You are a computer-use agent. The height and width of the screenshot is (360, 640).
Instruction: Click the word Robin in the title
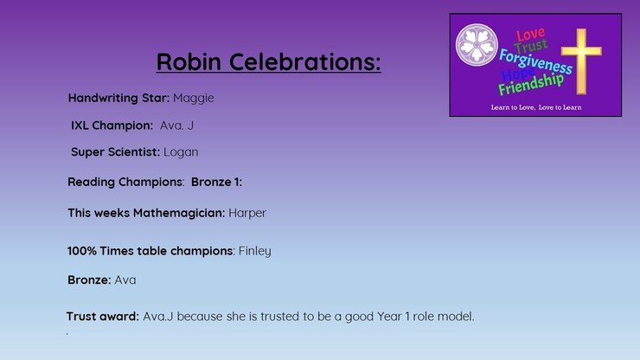tap(189, 61)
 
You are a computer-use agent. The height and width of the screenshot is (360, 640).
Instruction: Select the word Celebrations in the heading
tap(305, 61)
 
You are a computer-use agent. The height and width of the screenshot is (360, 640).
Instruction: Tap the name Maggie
tap(194, 99)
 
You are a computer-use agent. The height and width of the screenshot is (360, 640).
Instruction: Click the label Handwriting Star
tap(118, 99)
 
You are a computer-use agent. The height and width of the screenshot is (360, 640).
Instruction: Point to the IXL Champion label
tap(112, 125)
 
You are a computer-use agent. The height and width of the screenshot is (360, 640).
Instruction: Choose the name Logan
tap(181, 152)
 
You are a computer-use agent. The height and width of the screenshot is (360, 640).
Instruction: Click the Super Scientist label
tap(115, 152)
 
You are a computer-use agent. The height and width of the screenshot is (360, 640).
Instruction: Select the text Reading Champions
tap(125, 183)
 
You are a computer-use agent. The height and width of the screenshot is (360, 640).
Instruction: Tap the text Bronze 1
tap(216, 182)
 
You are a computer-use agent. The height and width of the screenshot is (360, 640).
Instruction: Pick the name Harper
tap(247, 213)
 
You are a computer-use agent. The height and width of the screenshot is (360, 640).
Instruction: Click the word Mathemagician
tap(179, 213)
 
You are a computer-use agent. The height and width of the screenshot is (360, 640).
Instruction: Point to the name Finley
tap(254, 251)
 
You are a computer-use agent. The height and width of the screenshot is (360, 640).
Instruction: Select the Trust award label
tap(102, 316)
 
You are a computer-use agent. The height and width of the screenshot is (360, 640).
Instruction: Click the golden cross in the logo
tap(581, 61)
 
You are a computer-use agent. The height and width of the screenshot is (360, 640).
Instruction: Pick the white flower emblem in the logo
tap(477, 44)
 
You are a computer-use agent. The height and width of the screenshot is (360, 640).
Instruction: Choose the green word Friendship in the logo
tap(531, 85)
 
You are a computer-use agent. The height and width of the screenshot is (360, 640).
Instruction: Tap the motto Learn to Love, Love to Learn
tap(536, 107)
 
